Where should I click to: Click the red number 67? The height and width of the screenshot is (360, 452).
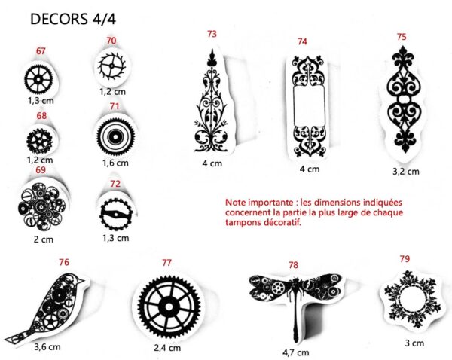point(41,51)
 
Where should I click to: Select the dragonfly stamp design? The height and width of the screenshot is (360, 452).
point(295,303)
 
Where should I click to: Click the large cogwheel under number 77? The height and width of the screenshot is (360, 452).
point(169,306)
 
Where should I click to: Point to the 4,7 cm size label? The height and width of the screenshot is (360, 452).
point(295,352)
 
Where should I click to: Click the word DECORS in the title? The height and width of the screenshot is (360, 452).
point(59,19)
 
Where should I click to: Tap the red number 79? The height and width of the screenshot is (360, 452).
point(405,259)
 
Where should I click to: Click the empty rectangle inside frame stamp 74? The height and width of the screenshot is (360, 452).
point(309,105)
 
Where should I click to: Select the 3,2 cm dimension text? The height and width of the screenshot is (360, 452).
point(405,172)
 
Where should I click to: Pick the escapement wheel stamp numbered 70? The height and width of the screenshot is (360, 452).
point(111,66)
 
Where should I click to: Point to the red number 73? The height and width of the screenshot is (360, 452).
point(212,34)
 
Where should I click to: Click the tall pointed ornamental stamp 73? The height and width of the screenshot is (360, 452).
point(212,100)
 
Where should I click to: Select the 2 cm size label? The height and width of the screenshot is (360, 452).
point(44,239)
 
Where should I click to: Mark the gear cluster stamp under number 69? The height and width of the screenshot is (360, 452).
point(42,206)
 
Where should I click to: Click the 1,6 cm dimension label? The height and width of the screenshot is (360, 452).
point(115,163)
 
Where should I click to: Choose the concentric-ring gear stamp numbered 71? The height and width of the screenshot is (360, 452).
point(115,136)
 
